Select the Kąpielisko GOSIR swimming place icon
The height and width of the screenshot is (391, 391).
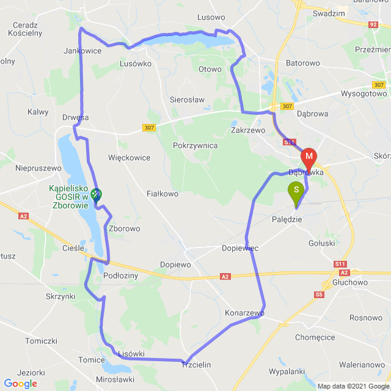coord(96,195)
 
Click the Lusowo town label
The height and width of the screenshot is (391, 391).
coord(212,18)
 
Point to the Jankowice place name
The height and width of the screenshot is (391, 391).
coord(82,51)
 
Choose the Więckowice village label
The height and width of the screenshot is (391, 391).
coord(129,158)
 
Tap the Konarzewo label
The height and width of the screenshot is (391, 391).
coord(244,313)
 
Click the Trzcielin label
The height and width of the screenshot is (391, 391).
coord(196,365)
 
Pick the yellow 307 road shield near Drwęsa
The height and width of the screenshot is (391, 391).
coord(149,128)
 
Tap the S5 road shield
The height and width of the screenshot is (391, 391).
coord(319,295)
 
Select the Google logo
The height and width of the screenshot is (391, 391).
coord(20,384)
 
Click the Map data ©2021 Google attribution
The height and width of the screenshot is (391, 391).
coord(353,386)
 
